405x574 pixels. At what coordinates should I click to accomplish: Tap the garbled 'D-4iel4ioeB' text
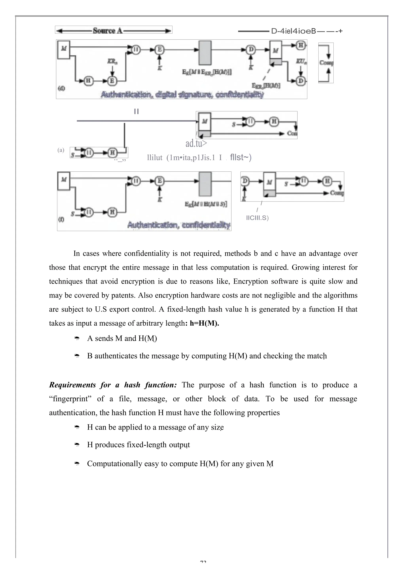294,31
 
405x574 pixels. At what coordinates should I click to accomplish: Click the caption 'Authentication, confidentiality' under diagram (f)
179,225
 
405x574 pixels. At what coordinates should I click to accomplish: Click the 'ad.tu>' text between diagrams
196,143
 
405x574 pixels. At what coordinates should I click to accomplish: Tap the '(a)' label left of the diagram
61,150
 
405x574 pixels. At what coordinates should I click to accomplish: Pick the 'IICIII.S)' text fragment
257,218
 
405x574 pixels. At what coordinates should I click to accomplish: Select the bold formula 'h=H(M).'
204,323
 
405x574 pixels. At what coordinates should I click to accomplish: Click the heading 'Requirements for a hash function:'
113,385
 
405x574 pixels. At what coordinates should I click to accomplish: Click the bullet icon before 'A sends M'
77,339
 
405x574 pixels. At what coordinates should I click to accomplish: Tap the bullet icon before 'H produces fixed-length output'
77,445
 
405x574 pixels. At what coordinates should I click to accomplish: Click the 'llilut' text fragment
155,158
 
